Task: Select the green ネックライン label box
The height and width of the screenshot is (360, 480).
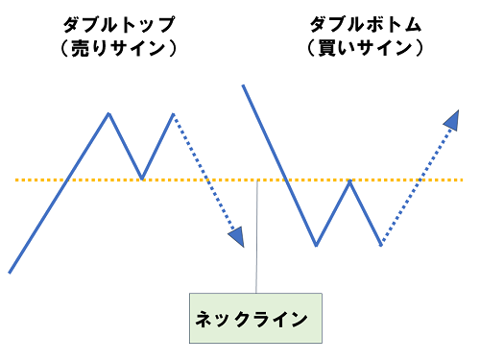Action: pos(256,317)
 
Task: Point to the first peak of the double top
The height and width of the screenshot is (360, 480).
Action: pos(109,113)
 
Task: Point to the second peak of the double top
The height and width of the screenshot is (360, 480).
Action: pos(174,114)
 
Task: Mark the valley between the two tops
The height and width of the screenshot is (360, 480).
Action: pos(141,179)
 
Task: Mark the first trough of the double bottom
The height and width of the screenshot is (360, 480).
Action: pos(316,246)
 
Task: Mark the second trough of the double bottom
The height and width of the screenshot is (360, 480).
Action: pos(381,246)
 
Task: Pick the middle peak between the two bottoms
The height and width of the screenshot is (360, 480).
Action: pos(349,180)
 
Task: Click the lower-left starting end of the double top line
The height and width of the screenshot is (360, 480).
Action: pos(10,272)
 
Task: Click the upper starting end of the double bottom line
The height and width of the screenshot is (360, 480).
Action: pos(244,85)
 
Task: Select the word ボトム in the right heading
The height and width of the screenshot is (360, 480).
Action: pos(384,22)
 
